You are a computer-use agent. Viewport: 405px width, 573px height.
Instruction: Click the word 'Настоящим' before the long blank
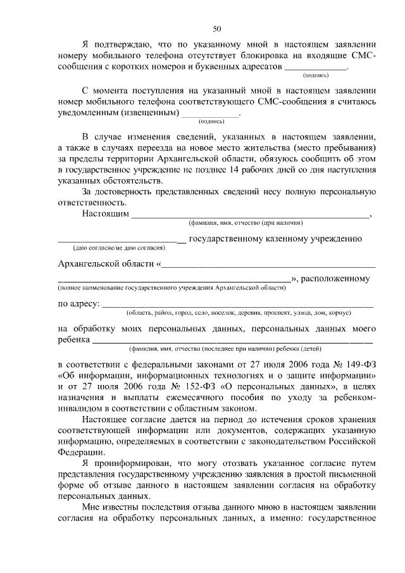point(105,214)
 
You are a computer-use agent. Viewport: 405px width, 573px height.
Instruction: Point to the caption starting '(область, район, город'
point(239,313)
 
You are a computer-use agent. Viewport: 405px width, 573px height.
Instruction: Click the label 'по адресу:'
point(78,304)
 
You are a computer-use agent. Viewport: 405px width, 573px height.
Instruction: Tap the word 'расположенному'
point(339,279)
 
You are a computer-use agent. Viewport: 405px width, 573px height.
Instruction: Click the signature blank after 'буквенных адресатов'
point(316,67)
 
